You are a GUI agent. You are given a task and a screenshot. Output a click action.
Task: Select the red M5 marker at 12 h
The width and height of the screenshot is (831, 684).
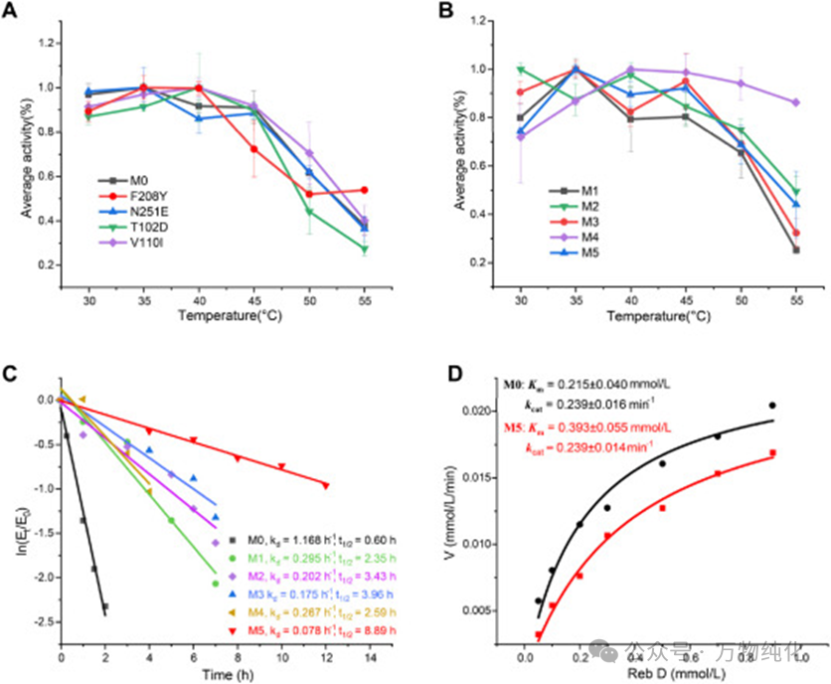click(326, 484)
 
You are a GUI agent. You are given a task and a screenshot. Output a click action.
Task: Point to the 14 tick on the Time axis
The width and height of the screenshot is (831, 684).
click(370, 657)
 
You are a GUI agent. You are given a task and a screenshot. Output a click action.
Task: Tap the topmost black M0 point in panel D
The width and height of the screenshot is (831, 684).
click(771, 406)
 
